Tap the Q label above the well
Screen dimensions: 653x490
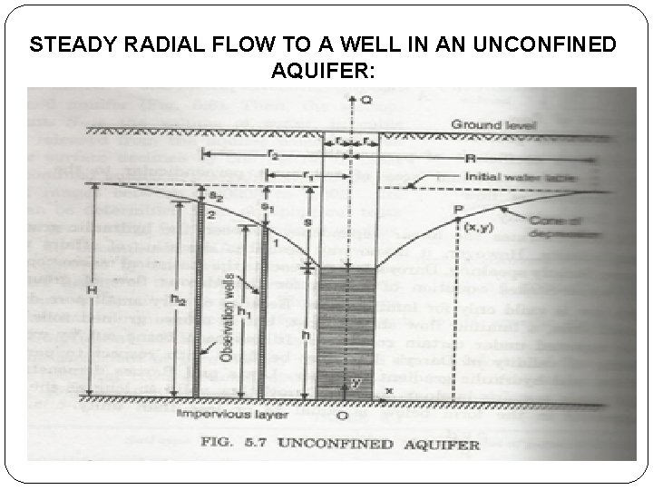[x=365, y=102]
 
